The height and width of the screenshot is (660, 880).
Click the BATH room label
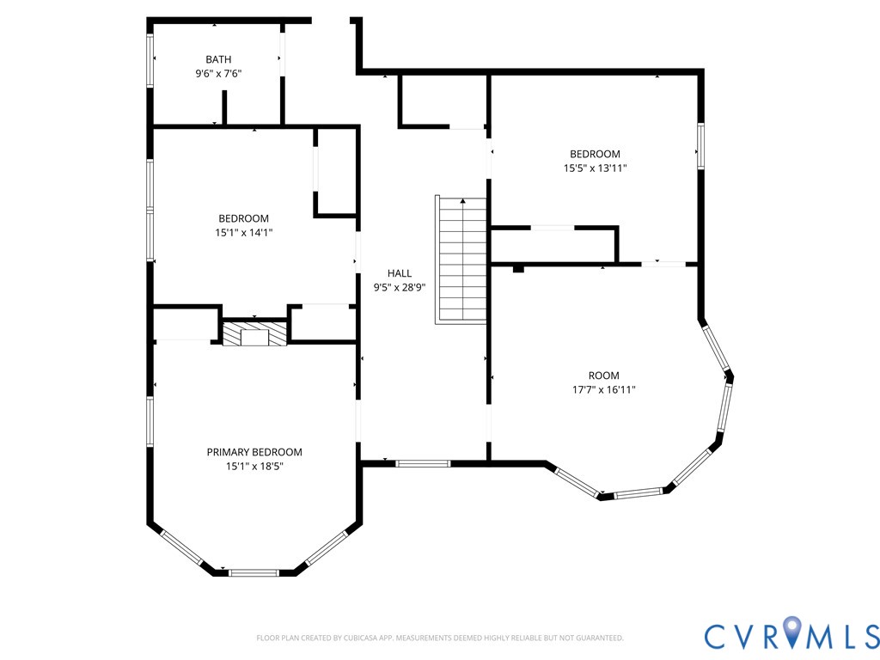tap(218, 59)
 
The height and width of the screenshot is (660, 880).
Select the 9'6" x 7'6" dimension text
tap(218, 74)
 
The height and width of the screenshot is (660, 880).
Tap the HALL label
tap(400, 273)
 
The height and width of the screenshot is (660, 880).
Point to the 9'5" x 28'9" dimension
tap(400, 287)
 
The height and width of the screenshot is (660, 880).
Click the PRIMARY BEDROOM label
tap(254, 452)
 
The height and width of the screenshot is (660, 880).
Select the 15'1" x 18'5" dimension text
tap(254, 467)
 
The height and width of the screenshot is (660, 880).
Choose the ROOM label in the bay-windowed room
tap(604, 376)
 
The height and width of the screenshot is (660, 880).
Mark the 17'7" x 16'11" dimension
tap(604, 390)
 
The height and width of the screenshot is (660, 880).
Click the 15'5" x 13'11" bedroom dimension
tap(595, 168)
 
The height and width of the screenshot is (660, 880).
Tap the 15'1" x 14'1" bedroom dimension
tap(243, 232)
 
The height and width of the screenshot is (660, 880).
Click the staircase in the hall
tap(461, 260)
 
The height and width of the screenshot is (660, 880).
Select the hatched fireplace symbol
tap(254, 334)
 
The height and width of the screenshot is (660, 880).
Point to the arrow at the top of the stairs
tap(462, 200)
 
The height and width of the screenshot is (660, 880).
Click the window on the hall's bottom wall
tap(423, 463)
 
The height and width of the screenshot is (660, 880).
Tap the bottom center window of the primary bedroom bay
tap(254, 572)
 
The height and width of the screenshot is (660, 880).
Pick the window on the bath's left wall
tap(150, 60)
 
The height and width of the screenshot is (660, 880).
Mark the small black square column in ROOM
tap(518, 269)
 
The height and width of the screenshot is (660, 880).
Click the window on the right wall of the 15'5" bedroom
tap(700, 146)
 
